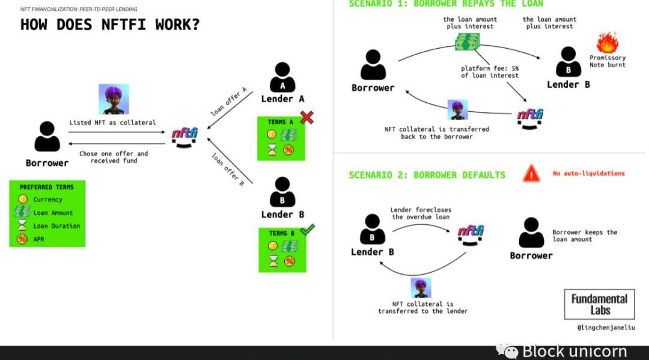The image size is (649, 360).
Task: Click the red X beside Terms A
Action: point(306,117)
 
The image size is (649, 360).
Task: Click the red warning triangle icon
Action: point(531,174)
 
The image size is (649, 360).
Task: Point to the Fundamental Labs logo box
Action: point(599,304)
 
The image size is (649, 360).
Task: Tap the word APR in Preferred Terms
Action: point(38,239)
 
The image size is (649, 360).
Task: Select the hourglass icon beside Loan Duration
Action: point(22,225)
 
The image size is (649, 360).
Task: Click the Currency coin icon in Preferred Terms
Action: point(22,199)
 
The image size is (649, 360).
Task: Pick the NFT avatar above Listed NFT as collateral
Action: point(114,99)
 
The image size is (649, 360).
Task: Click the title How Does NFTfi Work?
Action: point(110,25)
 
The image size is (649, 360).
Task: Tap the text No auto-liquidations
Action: point(588,174)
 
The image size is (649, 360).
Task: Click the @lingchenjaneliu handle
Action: point(606,328)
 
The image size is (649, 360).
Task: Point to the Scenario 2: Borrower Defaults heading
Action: point(427,175)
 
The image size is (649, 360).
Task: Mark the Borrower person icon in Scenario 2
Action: point(531,233)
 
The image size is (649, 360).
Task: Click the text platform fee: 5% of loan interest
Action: point(490,72)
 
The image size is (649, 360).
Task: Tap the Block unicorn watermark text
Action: point(574,351)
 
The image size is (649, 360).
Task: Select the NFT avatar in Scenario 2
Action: point(421,288)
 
